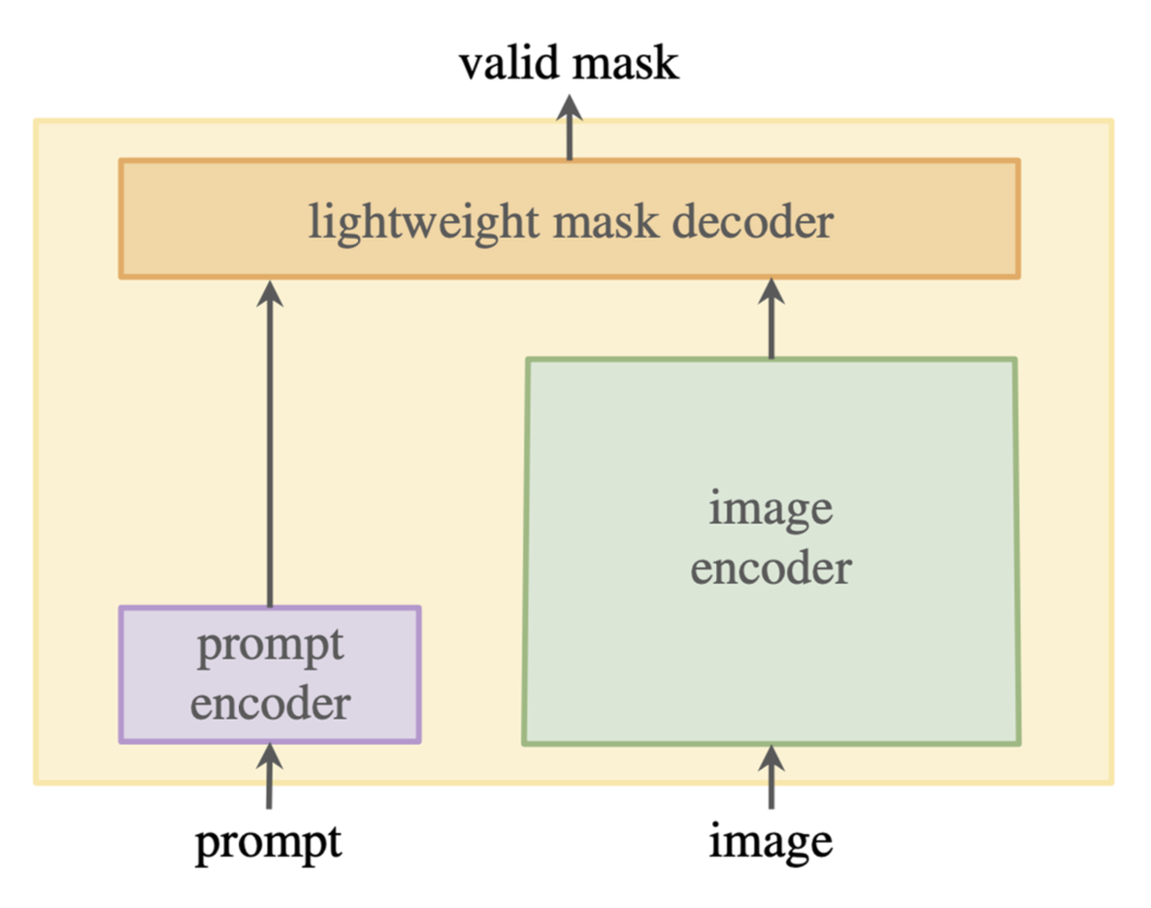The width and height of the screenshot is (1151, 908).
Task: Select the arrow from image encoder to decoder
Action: click(772, 320)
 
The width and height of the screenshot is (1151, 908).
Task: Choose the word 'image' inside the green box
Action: click(772, 507)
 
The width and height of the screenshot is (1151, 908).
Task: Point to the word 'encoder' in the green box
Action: click(772, 567)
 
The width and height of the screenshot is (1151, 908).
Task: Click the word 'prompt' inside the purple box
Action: click(271, 645)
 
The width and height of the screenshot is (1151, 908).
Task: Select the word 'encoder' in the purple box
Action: click(271, 703)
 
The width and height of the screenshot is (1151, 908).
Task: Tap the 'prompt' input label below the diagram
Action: click(269, 842)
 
